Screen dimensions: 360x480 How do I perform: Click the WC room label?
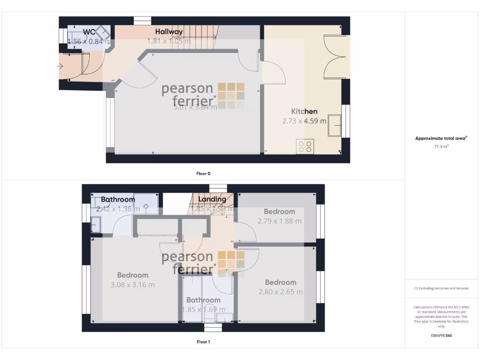(90, 32)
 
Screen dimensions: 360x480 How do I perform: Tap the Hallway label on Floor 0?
(169, 32)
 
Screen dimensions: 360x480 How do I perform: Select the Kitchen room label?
(304, 112)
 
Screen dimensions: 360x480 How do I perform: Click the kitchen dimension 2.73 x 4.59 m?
(304, 121)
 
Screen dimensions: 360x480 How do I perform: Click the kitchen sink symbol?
(335, 125)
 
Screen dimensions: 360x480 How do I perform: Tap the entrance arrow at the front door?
(59, 67)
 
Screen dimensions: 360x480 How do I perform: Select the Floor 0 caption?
(203, 173)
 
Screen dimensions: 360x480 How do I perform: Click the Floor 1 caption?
(203, 342)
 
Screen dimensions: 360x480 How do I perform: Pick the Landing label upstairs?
(212, 199)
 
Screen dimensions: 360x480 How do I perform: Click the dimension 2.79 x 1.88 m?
(279, 221)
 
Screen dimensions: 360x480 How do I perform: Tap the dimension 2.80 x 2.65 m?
(280, 292)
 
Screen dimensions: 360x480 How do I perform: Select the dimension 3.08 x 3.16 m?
(133, 285)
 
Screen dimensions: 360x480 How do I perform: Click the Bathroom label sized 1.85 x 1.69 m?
(203, 300)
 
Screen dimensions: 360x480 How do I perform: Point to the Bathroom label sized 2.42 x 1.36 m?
(118, 199)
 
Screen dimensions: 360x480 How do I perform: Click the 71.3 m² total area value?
(441, 147)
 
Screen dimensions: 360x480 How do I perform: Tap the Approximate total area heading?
(441, 138)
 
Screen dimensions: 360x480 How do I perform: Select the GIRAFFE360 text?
(441, 336)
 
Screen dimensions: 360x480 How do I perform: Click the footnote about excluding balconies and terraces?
(441, 288)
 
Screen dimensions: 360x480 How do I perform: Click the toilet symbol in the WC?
(103, 34)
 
